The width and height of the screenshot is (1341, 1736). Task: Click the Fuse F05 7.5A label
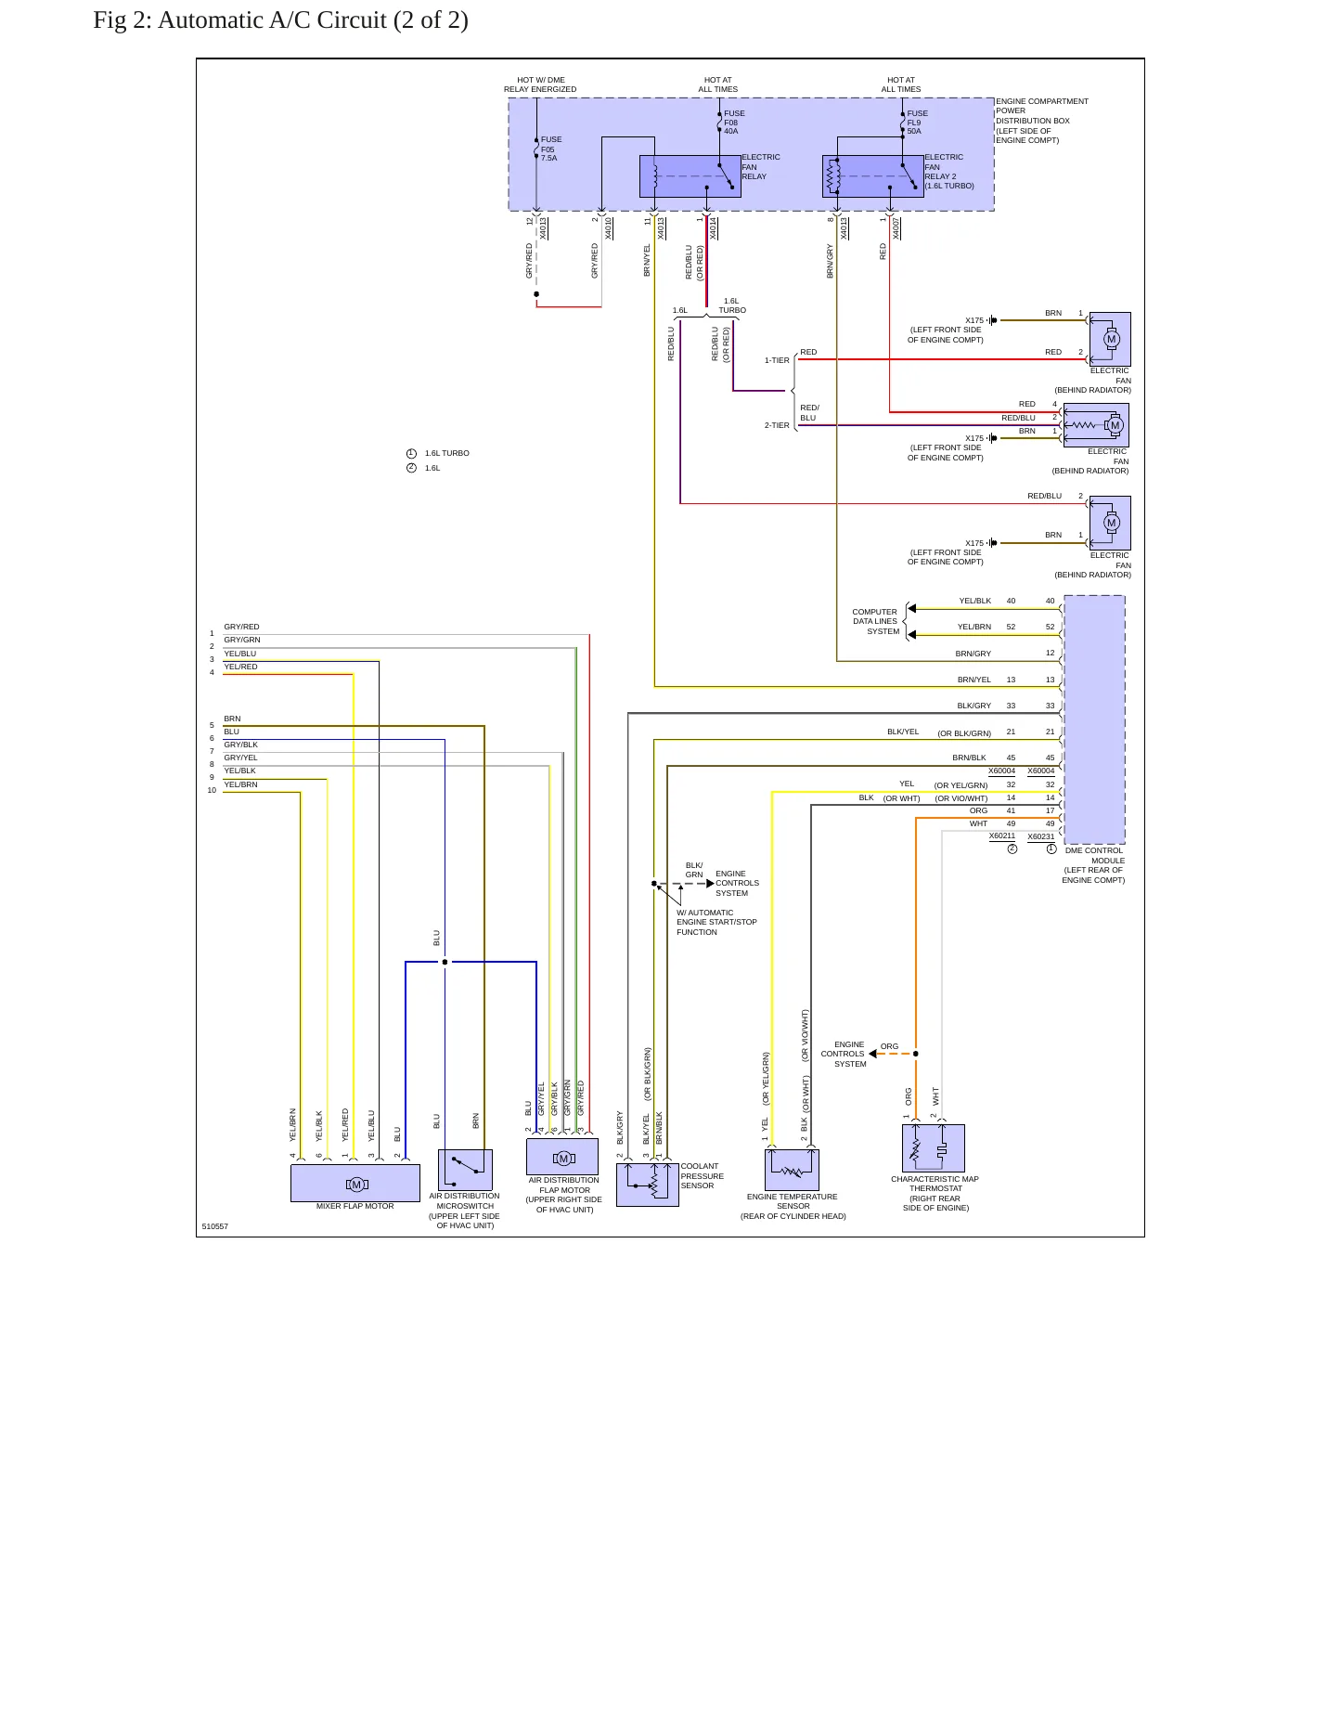[551, 149]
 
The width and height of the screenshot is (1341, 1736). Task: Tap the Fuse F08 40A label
[734, 123]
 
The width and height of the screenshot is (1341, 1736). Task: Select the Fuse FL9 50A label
[917, 123]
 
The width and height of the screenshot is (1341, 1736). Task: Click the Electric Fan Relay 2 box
[873, 176]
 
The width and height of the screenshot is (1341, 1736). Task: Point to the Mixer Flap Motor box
[355, 1183]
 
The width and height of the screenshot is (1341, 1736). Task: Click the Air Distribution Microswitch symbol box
[465, 1170]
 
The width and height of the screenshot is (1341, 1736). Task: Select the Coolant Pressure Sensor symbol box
[648, 1185]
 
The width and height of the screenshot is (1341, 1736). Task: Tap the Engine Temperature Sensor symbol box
[792, 1170]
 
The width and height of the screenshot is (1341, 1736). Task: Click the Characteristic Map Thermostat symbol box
[934, 1148]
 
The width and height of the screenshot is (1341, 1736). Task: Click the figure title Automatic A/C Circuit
[280, 19]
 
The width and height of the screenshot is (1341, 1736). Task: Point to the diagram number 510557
[214, 1226]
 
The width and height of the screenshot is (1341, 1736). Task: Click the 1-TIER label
[777, 360]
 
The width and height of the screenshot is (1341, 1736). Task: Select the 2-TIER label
[777, 425]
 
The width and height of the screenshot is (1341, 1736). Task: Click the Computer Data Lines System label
[876, 622]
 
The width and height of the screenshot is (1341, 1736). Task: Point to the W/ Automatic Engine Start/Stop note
[716, 922]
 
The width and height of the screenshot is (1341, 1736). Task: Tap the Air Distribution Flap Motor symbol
[562, 1157]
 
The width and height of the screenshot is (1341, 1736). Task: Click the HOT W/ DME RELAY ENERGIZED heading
[540, 84]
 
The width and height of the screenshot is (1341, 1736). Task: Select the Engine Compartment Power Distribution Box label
[1042, 121]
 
